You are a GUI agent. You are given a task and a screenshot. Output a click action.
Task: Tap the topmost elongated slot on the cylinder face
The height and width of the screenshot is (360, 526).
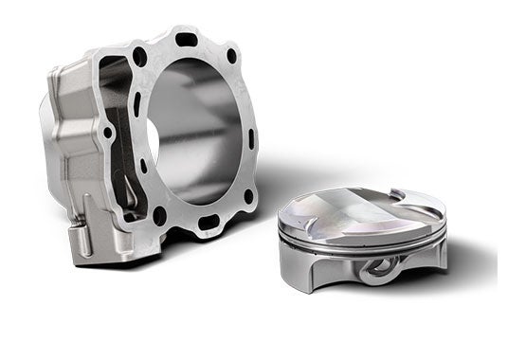187,40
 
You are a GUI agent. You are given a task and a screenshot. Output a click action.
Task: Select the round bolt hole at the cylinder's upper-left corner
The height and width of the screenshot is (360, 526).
140,56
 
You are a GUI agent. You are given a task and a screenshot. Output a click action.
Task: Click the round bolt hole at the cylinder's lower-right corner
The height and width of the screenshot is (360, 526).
248,197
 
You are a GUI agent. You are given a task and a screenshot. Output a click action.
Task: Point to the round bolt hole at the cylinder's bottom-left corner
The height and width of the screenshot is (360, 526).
159,215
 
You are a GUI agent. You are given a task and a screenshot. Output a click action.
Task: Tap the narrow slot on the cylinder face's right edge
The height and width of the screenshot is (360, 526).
251,138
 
